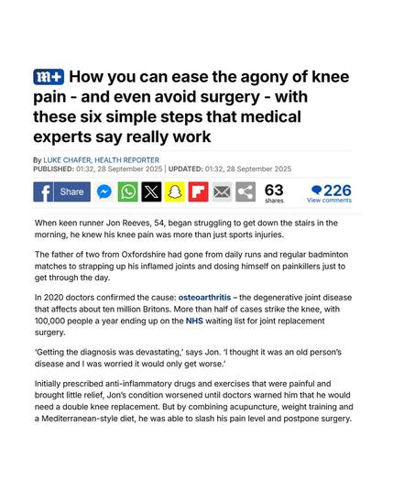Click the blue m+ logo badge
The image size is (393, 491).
coord(49,77)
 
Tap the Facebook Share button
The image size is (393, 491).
coord(62,191)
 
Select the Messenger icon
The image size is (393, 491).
coord(104,191)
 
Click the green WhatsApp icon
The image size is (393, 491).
coord(127,191)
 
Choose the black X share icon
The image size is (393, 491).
coord(151,191)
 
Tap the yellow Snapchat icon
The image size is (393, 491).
coord(175,191)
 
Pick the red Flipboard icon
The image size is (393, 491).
coord(198,191)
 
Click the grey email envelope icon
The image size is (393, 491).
coord(222,191)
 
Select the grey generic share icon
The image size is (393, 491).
coord(246,191)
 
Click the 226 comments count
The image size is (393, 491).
coord(332,190)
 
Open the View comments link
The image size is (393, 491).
coord(329,201)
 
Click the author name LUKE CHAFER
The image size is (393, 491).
coord(67,160)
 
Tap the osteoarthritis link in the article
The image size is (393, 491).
coord(204,298)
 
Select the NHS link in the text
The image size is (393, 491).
coord(194,321)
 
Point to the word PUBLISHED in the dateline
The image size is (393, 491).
coord(53,169)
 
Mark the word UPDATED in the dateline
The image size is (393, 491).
coord(186,169)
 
